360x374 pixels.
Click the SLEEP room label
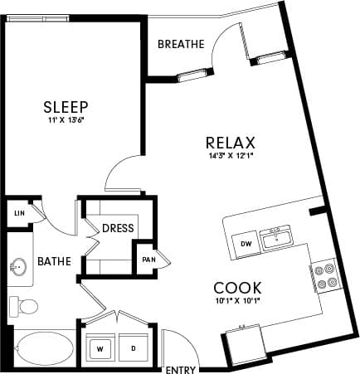pyautogui.click(x=66, y=107)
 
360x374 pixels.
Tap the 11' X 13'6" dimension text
pyautogui.click(x=66, y=121)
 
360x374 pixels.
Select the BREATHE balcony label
pyautogui.click(x=180, y=45)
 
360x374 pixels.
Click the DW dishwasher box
pyautogui.click(x=245, y=244)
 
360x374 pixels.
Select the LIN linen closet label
pyautogui.click(x=18, y=213)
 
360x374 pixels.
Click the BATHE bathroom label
pyautogui.click(x=53, y=262)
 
